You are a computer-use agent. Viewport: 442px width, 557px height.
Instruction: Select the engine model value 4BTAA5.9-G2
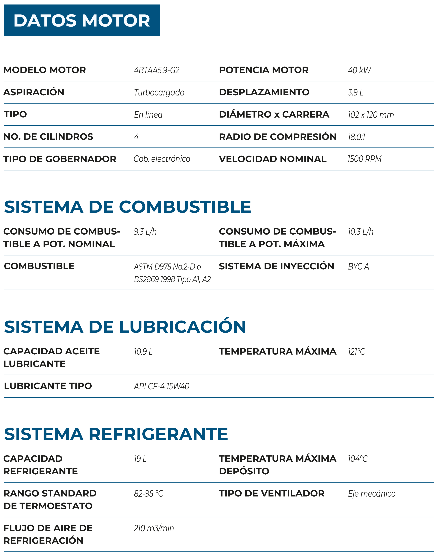click(156, 70)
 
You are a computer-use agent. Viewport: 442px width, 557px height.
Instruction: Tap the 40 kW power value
click(359, 70)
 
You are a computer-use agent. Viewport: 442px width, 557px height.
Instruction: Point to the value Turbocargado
click(159, 92)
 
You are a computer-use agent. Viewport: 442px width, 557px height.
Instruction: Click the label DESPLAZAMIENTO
click(264, 92)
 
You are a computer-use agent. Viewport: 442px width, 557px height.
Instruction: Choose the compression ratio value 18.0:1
click(356, 137)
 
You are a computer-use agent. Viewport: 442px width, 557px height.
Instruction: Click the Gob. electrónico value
click(162, 159)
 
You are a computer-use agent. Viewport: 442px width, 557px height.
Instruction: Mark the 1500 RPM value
click(364, 159)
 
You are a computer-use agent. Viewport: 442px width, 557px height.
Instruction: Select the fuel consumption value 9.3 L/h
click(145, 232)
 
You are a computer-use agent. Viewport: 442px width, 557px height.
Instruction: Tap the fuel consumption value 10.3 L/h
click(360, 232)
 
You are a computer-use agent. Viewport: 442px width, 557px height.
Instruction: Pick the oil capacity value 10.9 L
click(143, 352)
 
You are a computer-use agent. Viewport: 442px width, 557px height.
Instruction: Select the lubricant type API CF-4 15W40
click(161, 386)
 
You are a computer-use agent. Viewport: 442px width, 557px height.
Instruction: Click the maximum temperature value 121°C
click(356, 352)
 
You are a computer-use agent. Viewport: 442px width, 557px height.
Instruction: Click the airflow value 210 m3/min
click(154, 528)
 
